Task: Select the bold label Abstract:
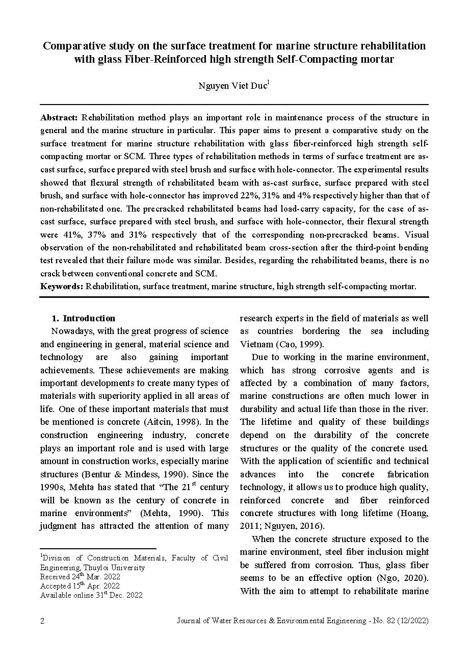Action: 59,117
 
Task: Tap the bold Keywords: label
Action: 62,287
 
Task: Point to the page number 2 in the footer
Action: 42,621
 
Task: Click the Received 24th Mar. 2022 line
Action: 81,577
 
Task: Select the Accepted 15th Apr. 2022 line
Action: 80,586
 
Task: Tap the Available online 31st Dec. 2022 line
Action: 92,595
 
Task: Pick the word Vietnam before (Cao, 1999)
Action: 258,344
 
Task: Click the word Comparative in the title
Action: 76,46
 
